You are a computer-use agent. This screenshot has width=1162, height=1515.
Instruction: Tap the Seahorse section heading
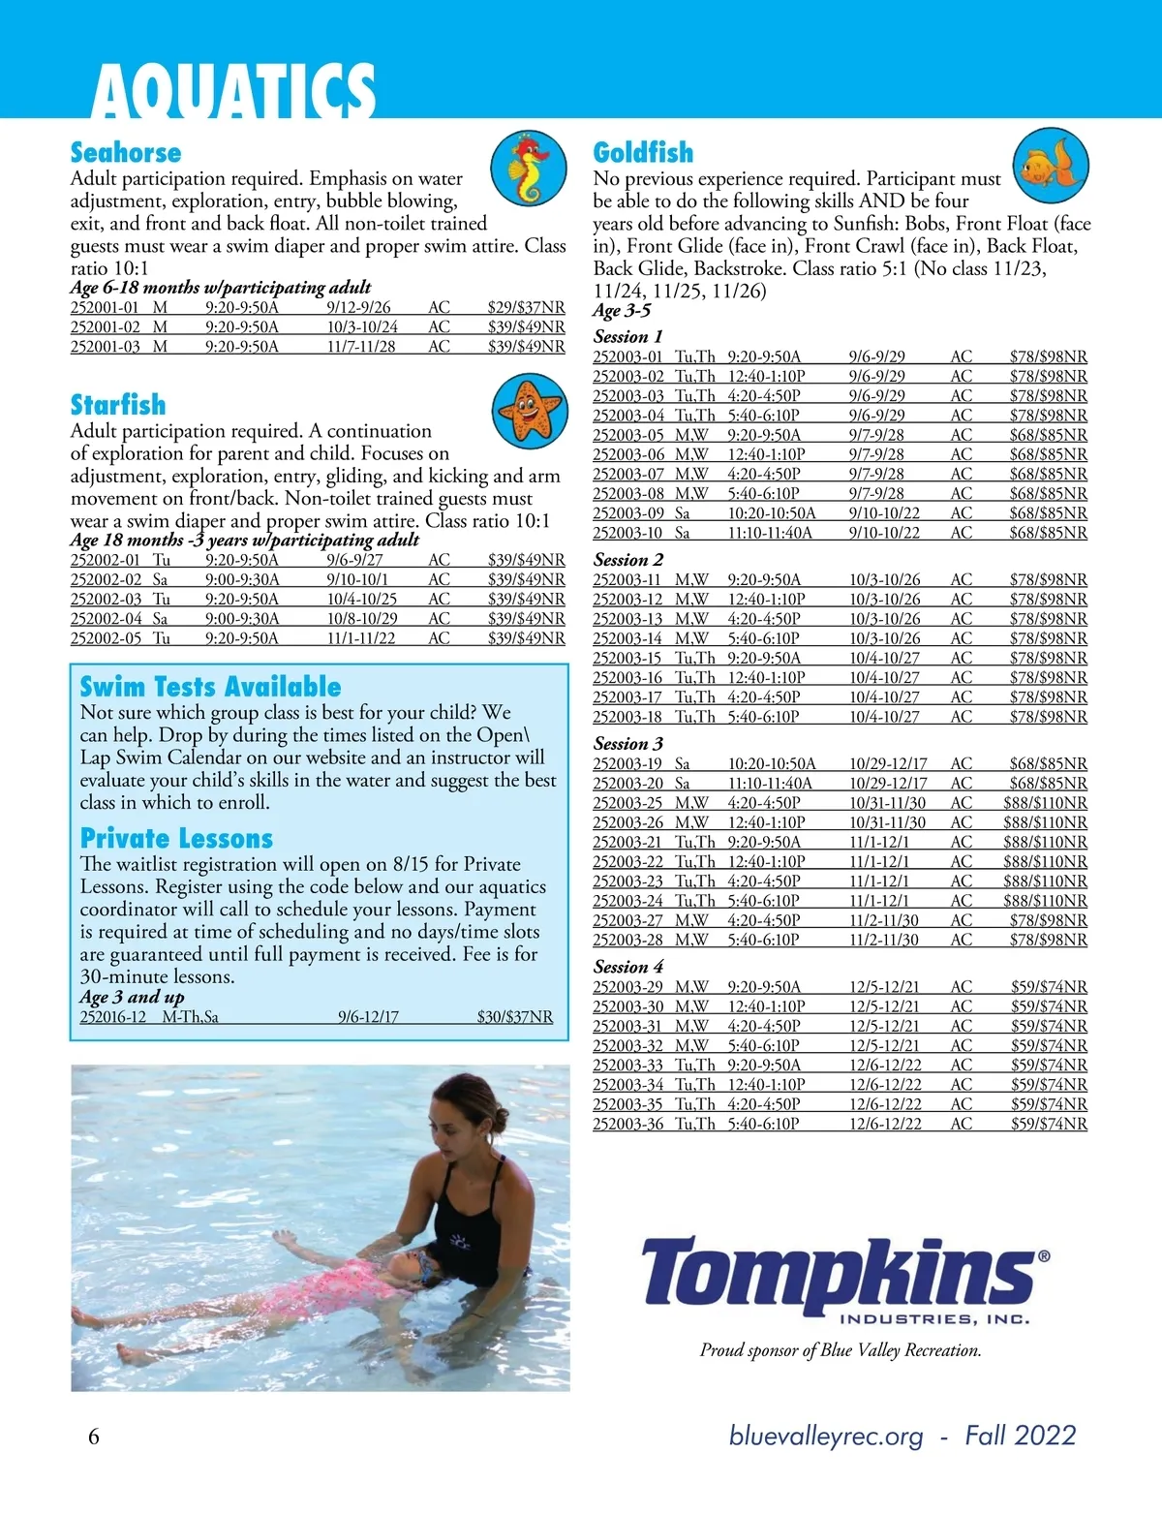[x=126, y=153]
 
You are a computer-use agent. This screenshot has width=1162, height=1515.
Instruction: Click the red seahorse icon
[x=529, y=168]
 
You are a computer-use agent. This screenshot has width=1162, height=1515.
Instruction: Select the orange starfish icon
[x=529, y=408]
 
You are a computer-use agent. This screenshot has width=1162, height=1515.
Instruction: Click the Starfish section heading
[x=118, y=405]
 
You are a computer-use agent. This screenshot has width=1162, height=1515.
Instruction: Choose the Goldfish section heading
[x=643, y=153]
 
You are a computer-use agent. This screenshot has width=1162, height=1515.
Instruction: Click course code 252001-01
[x=105, y=308]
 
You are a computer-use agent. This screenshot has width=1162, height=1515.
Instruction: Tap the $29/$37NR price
[x=526, y=308]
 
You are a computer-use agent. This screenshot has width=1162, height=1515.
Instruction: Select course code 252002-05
[x=106, y=638]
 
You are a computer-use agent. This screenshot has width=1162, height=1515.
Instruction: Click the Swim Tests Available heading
[x=210, y=687]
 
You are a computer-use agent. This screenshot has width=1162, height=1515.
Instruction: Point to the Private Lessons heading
[x=176, y=839]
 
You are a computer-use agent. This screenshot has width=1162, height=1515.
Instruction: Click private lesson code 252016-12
[x=113, y=1017]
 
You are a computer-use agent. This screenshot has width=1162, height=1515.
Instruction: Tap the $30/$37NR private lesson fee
[x=514, y=1017]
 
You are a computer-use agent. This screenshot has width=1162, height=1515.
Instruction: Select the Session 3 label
[x=628, y=744]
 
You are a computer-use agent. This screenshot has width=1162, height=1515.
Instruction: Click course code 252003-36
[x=628, y=1124]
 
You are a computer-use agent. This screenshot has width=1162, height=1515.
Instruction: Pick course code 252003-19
[x=628, y=763]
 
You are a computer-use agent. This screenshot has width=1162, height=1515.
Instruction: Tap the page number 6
[x=94, y=1437]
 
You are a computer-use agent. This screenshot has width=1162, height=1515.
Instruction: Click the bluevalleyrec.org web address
[x=826, y=1436]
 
